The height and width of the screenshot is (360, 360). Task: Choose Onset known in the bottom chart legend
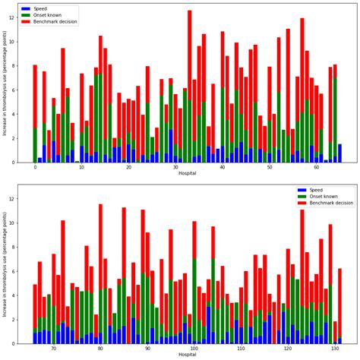pos(324,196)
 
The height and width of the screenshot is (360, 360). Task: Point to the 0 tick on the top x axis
pos(35,168)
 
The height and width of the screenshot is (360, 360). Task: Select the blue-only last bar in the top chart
pos(339,153)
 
